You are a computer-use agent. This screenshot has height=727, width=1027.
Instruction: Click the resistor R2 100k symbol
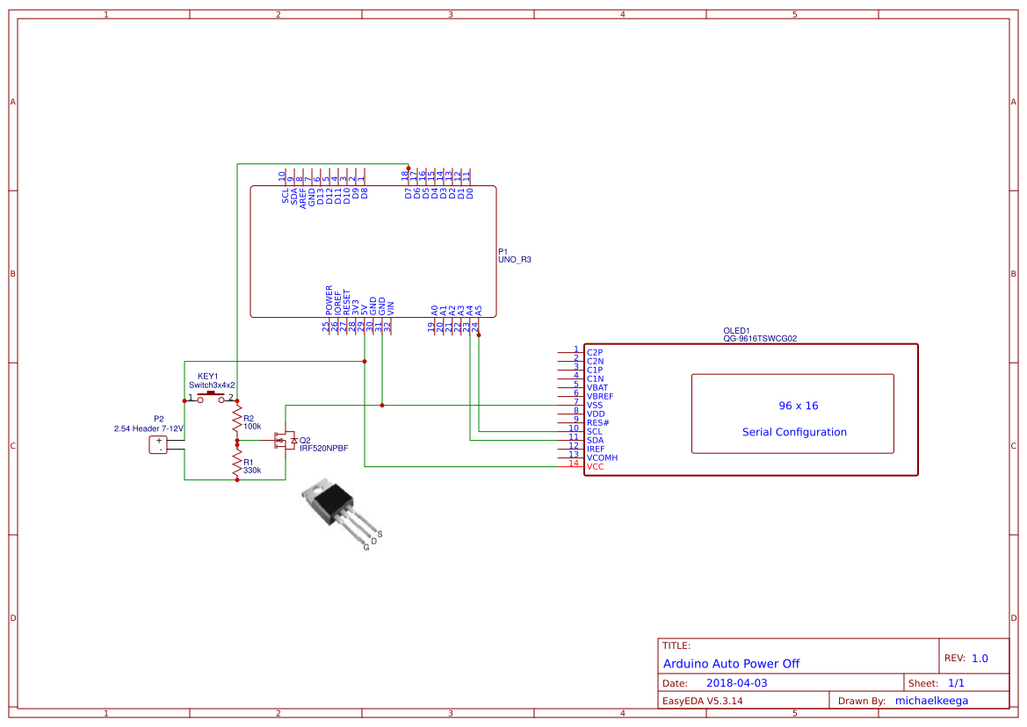pyautogui.click(x=236, y=422)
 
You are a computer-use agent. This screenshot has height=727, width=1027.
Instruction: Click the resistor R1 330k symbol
pyautogui.click(x=236, y=462)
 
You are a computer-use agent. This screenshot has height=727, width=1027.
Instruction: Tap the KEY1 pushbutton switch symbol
pyautogui.click(x=211, y=399)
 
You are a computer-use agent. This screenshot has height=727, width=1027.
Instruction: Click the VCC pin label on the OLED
pyautogui.click(x=596, y=466)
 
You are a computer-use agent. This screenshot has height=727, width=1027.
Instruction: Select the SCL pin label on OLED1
pyautogui.click(x=595, y=431)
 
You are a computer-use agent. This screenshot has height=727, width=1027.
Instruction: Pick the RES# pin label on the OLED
pyautogui.click(x=597, y=422)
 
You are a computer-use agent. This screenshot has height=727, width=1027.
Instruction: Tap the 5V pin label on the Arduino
pyautogui.click(x=365, y=310)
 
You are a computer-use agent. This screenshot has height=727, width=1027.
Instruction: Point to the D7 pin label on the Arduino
pyautogui.click(x=409, y=193)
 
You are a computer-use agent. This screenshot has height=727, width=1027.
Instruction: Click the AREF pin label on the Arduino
pyautogui.click(x=303, y=197)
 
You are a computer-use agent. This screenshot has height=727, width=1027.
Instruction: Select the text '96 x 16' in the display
pyautogui.click(x=799, y=406)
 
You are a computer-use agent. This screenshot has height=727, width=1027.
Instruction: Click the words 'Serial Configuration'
pyautogui.click(x=794, y=432)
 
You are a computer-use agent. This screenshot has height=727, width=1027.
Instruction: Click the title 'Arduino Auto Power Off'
pyautogui.click(x=731, y=664)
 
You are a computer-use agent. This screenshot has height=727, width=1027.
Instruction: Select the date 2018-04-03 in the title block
pyautogui.click(x=736, y=683)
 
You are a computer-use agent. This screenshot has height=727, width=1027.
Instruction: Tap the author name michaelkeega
pyautogui.click(x=938, y=701)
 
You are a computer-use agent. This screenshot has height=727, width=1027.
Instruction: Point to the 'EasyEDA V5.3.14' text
pyautogui.click(x=703, y=701)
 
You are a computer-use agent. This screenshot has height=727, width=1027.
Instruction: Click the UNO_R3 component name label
pyautogui.click(x=515, y=260)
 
